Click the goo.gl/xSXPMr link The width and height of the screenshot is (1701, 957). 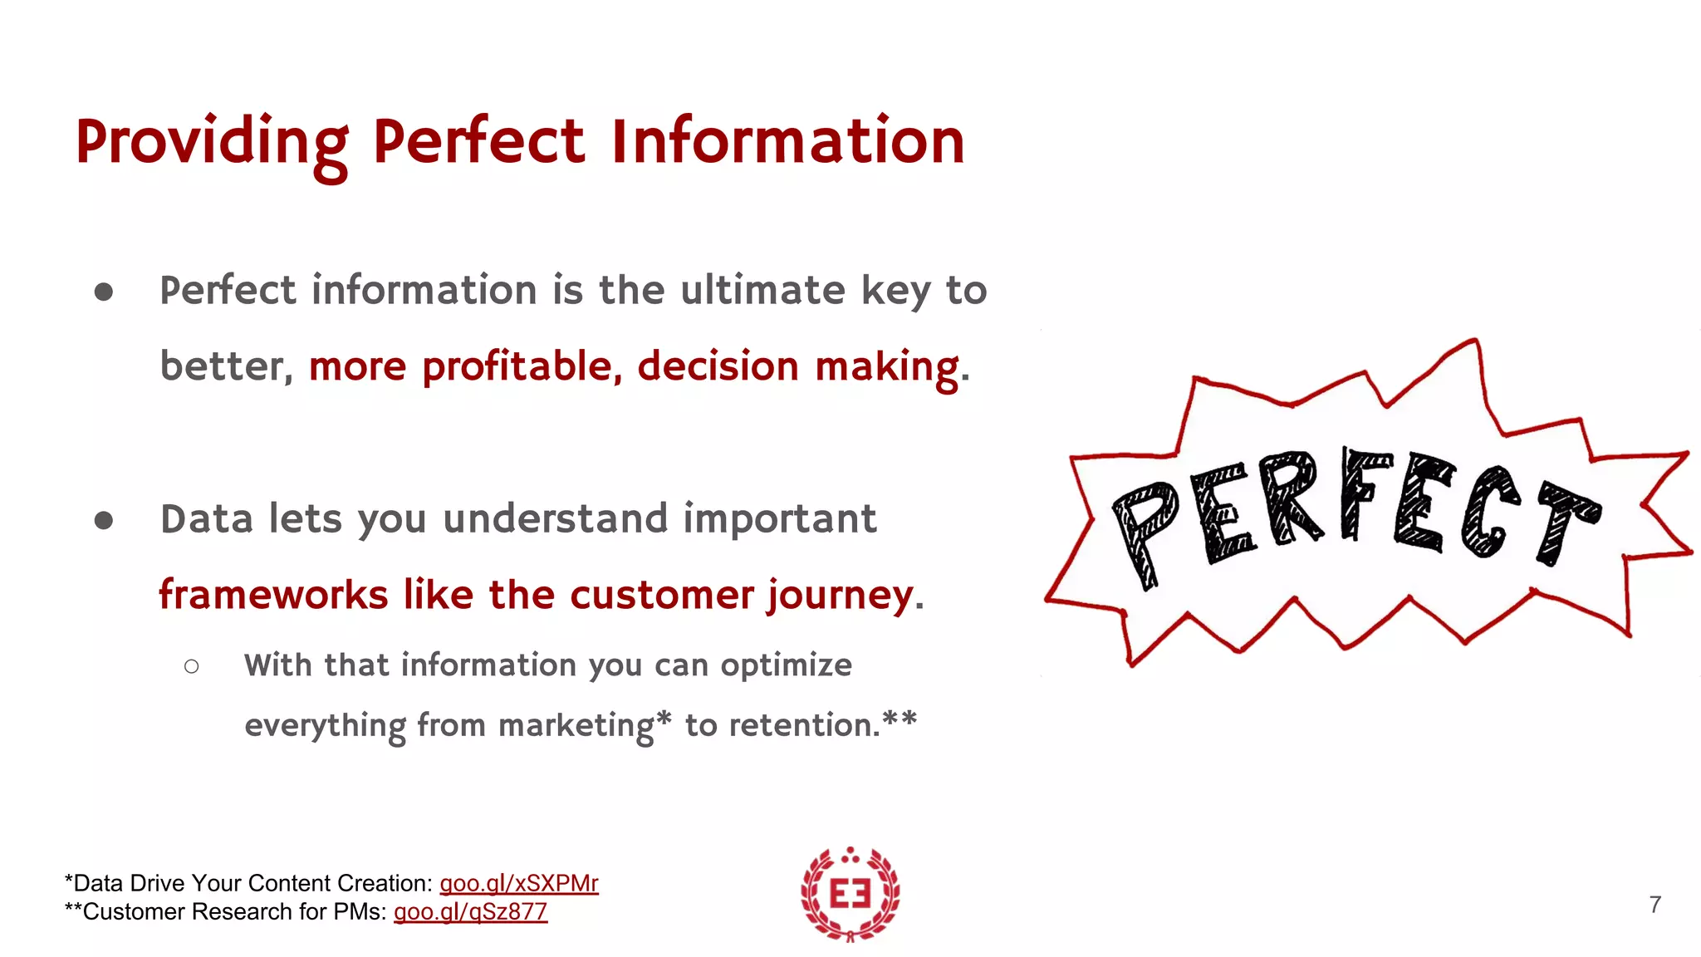518,883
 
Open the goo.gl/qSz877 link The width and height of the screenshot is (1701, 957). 470,911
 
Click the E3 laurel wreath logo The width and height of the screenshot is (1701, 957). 850,895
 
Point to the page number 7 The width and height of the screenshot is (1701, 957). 1654,905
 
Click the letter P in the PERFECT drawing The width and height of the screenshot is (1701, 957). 1146,532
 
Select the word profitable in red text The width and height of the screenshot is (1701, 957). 517,366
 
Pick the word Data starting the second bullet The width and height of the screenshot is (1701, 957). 207,519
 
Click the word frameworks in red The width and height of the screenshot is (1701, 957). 273,595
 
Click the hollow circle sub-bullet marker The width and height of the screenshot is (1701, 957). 192,666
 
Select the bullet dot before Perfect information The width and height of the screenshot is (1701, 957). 104,292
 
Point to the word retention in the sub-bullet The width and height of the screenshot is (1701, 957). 803,725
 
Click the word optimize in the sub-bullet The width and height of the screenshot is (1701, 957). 786,665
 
